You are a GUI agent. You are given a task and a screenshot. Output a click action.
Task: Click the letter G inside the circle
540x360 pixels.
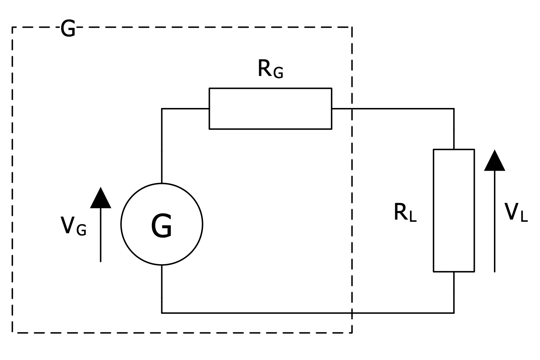click(x=162, y=226)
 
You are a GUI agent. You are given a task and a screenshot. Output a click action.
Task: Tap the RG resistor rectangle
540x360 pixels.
click(x=270, y=108)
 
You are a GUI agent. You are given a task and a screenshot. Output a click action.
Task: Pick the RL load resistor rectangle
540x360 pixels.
click(x=454, y=210)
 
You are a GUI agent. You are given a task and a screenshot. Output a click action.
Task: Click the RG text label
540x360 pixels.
click(x=270, y=69)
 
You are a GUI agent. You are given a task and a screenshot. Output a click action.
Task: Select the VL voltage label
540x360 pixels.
click(x=516, y=212)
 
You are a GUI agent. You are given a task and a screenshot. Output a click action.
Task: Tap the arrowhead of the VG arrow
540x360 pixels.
click(x=100, y=199)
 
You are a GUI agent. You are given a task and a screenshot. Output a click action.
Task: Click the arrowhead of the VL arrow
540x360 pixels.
click(x=494, y=161)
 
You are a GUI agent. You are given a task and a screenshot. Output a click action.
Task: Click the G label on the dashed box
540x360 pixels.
click(x=68, y=29)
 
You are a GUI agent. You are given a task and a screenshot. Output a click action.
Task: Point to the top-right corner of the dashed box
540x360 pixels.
click(x=352, y=27)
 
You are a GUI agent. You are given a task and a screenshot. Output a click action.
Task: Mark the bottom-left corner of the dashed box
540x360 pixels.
click(x=13, y=333)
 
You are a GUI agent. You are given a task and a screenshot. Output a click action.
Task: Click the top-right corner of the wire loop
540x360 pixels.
click(x=454, y=108)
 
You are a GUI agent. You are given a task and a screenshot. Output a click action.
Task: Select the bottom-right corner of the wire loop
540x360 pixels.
click(x=454, y=313)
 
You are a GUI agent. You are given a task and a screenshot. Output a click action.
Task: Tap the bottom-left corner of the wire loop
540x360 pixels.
click(x=162, y=313)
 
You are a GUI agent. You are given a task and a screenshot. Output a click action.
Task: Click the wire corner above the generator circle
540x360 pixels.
click(x=162, y=108)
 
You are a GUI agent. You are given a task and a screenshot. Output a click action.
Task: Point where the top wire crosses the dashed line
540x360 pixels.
click(x=352, y=108)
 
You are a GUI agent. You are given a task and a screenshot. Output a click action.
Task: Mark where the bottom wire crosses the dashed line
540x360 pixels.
click(x=352, y=313)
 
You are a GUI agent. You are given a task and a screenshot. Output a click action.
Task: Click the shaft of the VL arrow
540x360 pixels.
click(x=494, y=223)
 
